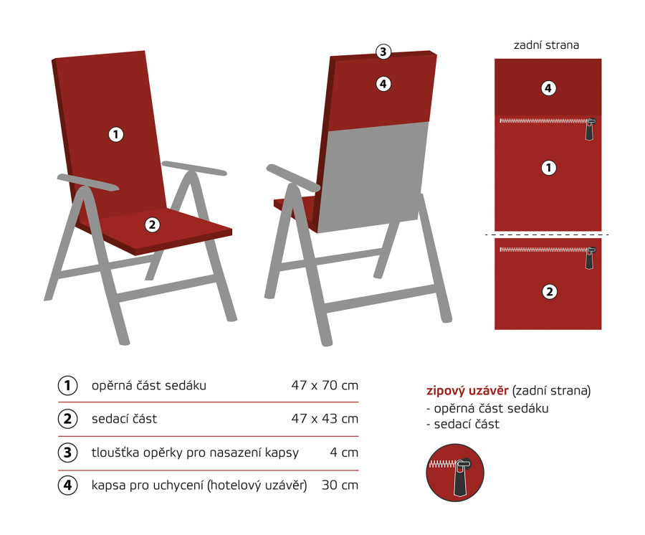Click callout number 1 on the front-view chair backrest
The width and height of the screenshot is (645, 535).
point(116,134)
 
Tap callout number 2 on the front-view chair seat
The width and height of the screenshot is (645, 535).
point(152,224)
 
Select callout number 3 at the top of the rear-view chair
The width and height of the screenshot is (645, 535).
point(383,52)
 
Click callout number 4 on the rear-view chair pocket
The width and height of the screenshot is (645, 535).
point(383,84)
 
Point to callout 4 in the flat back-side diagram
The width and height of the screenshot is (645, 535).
point(548,88)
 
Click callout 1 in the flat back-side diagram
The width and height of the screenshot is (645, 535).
point(548,168)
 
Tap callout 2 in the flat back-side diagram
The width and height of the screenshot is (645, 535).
point(549,292)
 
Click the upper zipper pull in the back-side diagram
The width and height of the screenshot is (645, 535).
point(591,129)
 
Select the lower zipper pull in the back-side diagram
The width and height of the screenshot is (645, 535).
point(591,258)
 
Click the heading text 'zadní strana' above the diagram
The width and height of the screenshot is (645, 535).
point(546,45)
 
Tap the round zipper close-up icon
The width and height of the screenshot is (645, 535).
point(455,473)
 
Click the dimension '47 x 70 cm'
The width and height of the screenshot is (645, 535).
point(325,385)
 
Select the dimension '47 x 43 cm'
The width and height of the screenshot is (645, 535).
point(325,419)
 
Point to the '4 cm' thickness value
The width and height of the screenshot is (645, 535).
point(344,453)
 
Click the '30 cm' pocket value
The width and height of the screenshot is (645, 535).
point(340,485)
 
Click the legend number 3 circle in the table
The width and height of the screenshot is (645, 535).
point(67,453)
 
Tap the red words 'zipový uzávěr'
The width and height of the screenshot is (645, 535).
point(467,391)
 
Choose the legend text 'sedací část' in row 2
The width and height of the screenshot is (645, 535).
point(124,419)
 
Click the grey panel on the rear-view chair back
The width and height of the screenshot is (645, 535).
point(372,177)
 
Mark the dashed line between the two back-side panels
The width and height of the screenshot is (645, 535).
point(547,235)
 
